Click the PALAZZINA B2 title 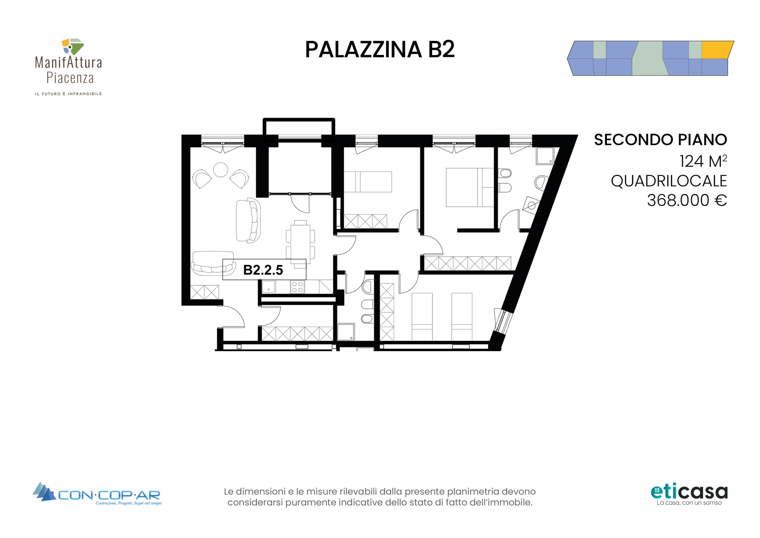tap(380, 50)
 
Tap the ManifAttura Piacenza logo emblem tap(72, 46)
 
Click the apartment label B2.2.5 tap(263, 270)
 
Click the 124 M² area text tap(703, 161)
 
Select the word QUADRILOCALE tap(669, 181)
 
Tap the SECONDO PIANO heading tap(660, 140)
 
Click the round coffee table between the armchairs tap(221, 170)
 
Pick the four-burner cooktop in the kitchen tap(297, 287)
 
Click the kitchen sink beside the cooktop tap(269, 287)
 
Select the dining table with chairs tap(300, 244)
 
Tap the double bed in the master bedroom tap(470, 187)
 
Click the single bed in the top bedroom tap(368, 182)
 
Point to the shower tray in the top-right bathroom tap(545, 156)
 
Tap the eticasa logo tap(689, 495)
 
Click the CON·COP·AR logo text tap(109, 495)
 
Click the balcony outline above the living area tap(299, 120)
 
